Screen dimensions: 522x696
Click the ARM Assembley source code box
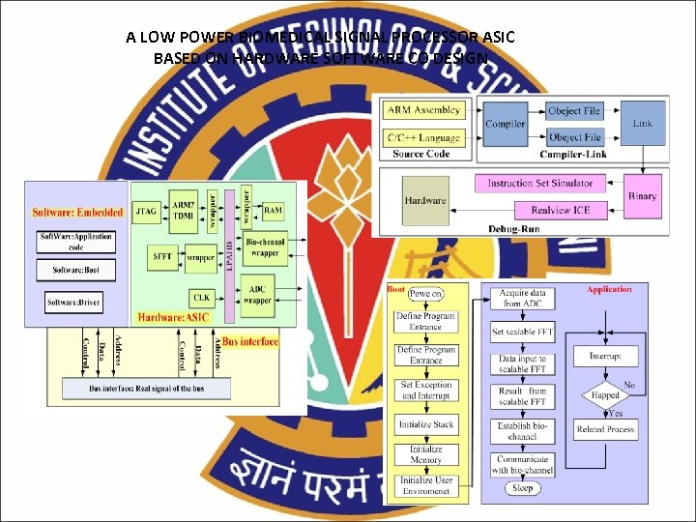pyautogui.click(x=424, y=110)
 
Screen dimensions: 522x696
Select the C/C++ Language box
pyautogui.click(x=424, y=137)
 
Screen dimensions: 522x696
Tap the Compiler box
pyautogui.click(x=505, y=124)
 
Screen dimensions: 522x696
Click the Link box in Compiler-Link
pyautogui.click(x=642, y=124)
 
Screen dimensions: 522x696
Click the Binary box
pyautogui.click(x=642, y=196)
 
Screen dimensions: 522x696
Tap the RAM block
pyautogui.click(x=274, y=210)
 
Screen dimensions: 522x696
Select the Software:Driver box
pyautogui.click(x=74, y=304)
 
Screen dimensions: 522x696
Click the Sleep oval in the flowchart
pyautogui.click(x=523, y=488)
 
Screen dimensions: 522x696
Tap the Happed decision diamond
pyautogui.click(x=604, y=395)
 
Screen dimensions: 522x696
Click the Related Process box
pyautogui.click(x=605, y=428)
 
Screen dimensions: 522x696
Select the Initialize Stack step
pyautogui.click(x=425, y=424)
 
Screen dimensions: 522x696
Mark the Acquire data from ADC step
pyautogui.click(x=522, y=298)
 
